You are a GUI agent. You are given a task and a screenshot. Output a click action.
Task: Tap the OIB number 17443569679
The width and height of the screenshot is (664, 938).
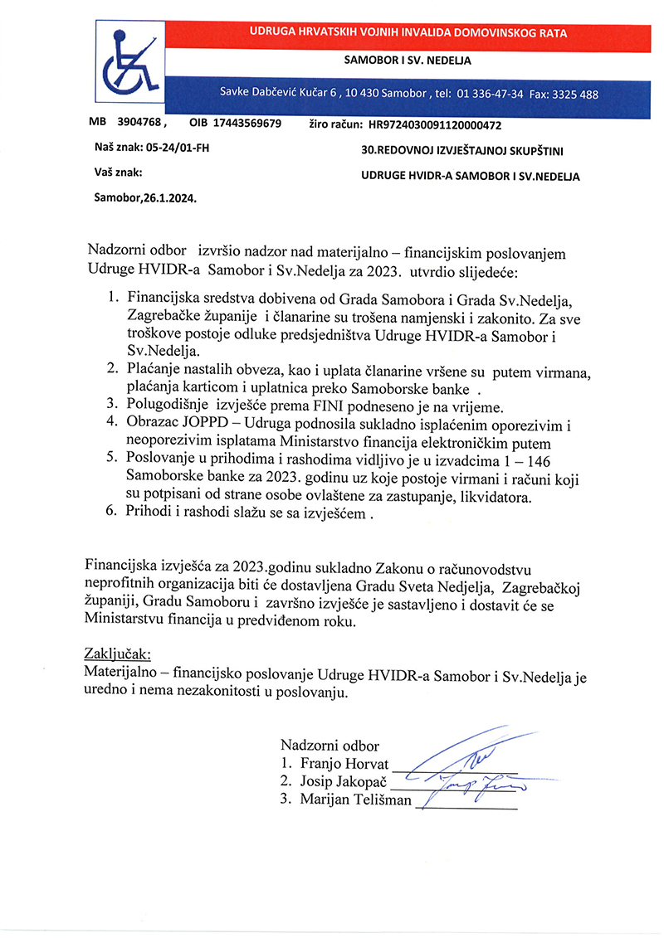pyautogui.click(x=247, y=124)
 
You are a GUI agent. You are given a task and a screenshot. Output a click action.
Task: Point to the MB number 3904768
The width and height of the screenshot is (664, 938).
pyautogui.click(x=140, y=124)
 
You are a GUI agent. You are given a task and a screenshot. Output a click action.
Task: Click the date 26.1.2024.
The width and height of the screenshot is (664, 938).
pyautogui.click(x=170, y=199)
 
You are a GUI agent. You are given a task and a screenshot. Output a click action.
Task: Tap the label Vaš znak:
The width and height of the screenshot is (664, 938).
pyautogui.click(x=118, y=174)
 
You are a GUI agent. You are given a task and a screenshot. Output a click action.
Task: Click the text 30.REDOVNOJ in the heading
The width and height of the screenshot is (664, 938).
pyautogui.click(x=390, y=151)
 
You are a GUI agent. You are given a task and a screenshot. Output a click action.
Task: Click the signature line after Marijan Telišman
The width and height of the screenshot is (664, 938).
pyautogui.click(x=466, y=805)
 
